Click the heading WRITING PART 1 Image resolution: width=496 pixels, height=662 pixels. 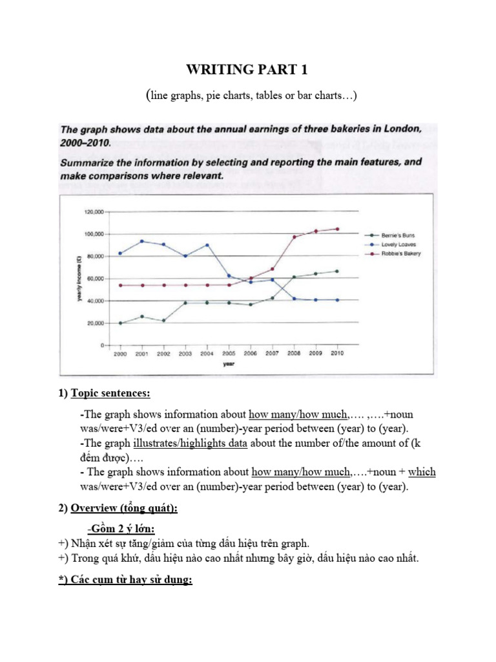(248, 70)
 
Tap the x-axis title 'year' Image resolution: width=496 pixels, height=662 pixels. (229, 364)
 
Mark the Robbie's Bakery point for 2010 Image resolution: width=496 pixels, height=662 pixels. (336, 229)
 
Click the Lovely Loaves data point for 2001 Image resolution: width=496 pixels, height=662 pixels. (141, 241)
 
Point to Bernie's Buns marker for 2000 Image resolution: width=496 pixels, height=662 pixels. (120, 323)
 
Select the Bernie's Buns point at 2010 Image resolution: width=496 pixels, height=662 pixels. (336, 272)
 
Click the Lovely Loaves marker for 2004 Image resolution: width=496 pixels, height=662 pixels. (207, 245)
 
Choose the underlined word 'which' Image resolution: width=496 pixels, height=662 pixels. (422, 472)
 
